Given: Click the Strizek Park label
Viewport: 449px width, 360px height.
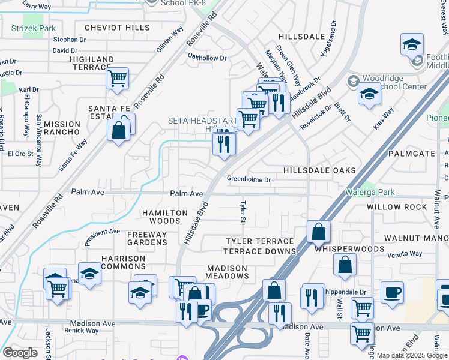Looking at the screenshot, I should (x=33, y=28).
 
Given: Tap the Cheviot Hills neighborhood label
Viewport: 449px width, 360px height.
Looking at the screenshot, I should (x=117, y=28).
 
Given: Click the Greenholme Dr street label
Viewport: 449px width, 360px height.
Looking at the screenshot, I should (x=249, y=179).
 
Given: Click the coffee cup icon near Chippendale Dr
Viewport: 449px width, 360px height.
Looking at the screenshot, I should (x=392, y=292).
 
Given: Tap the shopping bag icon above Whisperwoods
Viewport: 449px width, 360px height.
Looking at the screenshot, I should (x=319, y=231).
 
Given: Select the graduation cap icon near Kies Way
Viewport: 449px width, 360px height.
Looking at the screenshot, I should (x=369, y=93).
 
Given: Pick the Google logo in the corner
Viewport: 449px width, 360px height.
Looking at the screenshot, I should (x=20, y=352).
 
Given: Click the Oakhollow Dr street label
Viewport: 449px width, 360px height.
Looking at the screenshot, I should (x=207, y=58).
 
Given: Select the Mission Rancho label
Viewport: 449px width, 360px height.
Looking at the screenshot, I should (x=62, y=128).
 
